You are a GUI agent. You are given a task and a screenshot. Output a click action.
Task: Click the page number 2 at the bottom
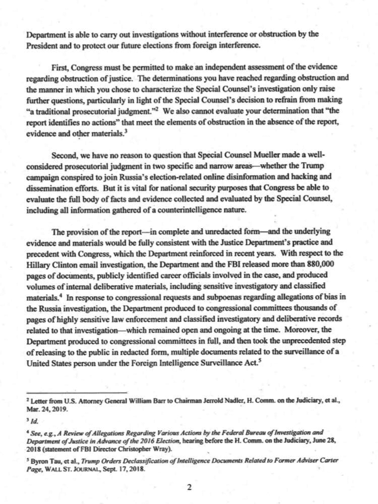point(189,487)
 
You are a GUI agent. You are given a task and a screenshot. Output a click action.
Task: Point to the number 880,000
point(320,264)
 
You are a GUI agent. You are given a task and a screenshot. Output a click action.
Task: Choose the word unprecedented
point(304,341)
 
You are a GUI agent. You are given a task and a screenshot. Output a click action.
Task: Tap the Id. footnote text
point(35,421)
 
